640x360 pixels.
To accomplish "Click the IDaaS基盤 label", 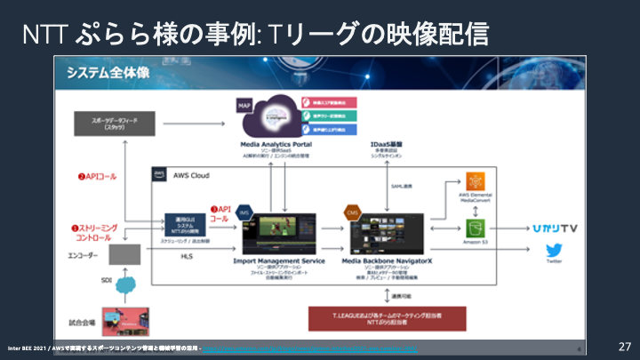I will [x=389, y=143].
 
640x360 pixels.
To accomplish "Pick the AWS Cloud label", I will [x=188, y=176].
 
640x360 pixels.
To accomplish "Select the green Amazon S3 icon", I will [x=474, y=228].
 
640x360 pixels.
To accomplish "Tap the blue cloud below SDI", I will [x=125, y=286].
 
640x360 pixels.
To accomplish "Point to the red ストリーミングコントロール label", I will [x=92, y=233].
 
